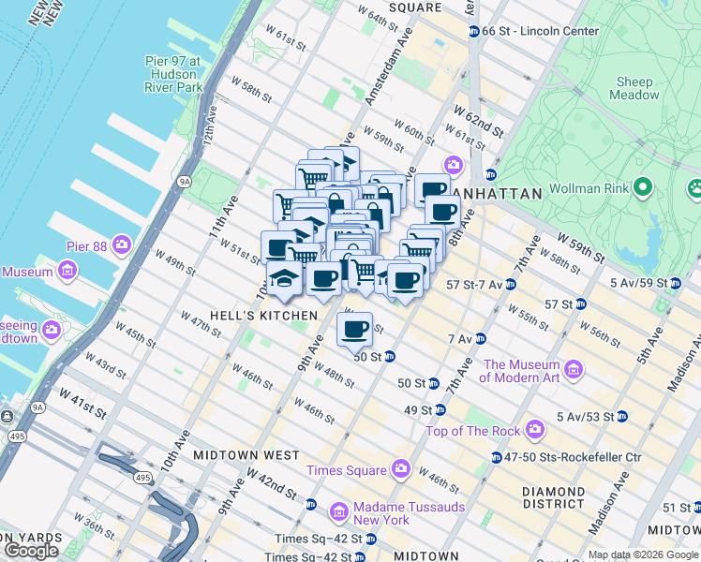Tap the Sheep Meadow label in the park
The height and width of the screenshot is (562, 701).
coord(634,88)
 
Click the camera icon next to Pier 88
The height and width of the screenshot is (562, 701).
coord(122,244)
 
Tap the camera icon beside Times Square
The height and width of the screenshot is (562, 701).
coord(401,468)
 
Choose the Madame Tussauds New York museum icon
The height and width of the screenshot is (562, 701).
coord(340,512)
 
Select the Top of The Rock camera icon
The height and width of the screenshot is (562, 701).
coord(534,430)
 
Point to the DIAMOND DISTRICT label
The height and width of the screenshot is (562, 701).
coord(554,498)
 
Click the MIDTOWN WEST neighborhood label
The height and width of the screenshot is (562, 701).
coord(246,455)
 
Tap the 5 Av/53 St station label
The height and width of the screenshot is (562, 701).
coord(585,416)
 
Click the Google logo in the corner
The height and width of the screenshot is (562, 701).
coord(32,551)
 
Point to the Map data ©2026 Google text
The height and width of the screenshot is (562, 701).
coord(643,555)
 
